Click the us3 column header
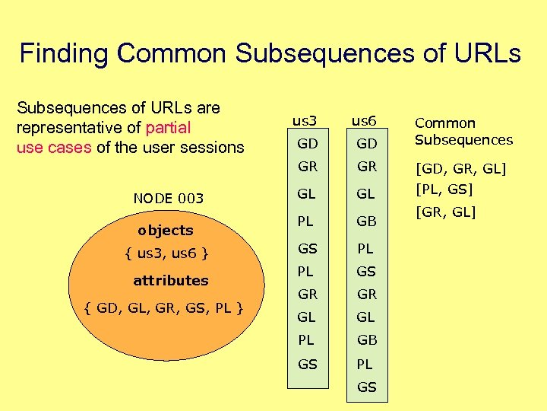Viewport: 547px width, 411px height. point(305,120)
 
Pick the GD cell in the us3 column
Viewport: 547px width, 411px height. point(307,144)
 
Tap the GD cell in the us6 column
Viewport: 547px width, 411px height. point(366,144)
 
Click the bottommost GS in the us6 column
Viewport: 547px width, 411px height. point(366,387)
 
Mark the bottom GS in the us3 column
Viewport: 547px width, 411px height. point(307,364)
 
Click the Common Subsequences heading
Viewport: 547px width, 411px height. point(463,131)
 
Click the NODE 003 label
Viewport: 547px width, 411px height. point(168,199)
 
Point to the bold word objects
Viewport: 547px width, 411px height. point(166,230)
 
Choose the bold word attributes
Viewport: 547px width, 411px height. point(170,280)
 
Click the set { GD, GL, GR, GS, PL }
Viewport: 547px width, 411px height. point(164,307)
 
